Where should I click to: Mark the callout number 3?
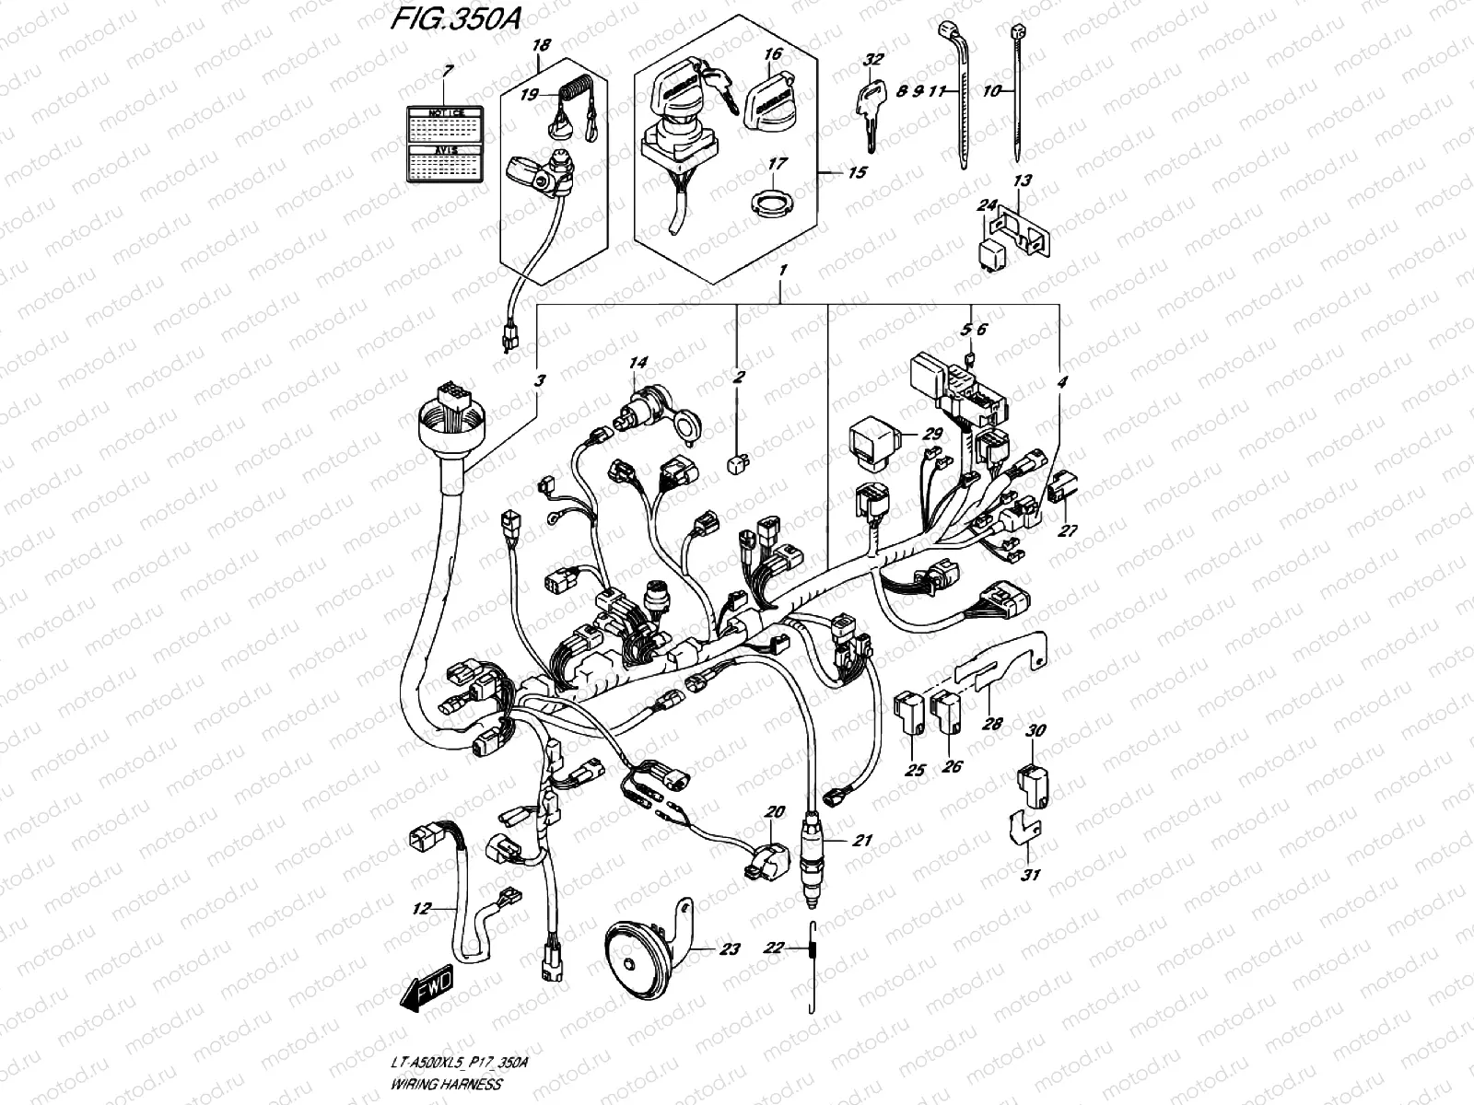(539, 379)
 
